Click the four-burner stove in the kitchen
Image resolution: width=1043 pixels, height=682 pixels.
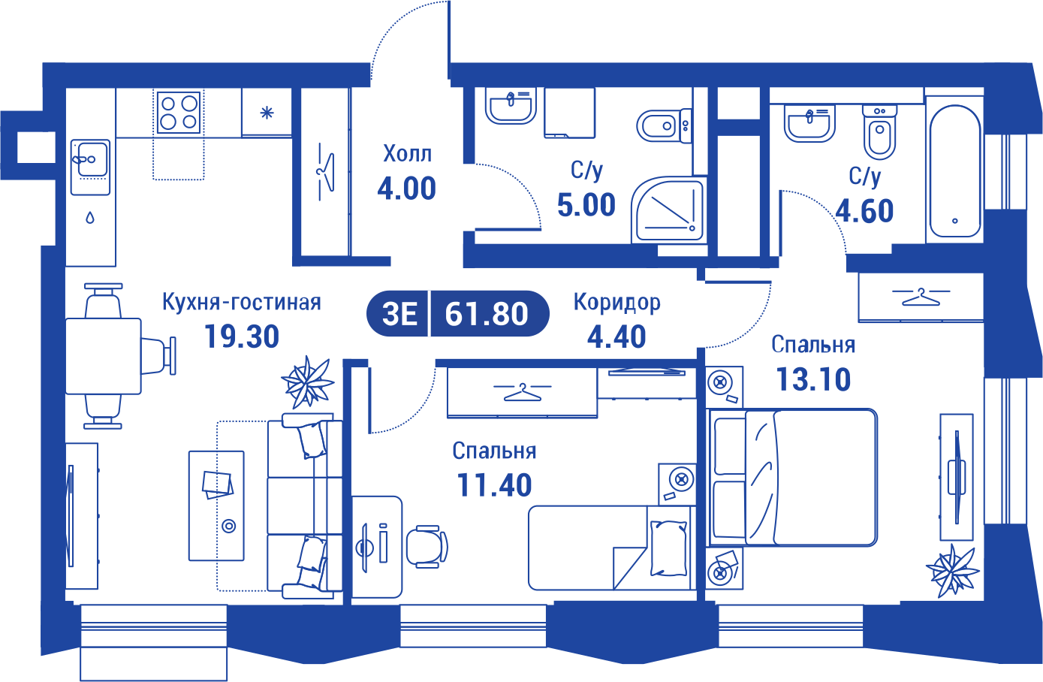pyautogui.click(x=179, y=113)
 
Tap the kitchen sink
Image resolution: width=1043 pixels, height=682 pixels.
pyautogui.click(x=90, y=167)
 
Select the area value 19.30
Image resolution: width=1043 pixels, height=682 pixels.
pyautogui.click(x=242, y=336)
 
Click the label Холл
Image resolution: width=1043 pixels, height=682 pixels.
pyautogui.click(x=408, y=153)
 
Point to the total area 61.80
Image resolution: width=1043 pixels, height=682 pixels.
pyautogui.click(x=487, y=314)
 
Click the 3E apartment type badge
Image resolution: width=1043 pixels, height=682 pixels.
pyautogui.click(x=399, y=314)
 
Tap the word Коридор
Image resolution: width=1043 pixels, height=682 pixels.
pyautogui.click(x=617, y=303)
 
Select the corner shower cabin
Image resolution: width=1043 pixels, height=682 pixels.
pyautogui.click(x=668, y=209)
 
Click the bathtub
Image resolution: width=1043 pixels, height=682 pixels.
pyautogui.click(x=954, y=171)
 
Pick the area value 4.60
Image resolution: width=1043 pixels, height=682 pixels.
pyautogui.click(x=864, y=211)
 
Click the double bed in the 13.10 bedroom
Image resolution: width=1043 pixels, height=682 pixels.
pyautogui.click(x=791, y=477)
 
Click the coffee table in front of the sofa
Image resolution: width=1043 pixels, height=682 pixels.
pyautogui.click(x=216, y=505)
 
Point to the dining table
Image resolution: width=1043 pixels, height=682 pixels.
pyautogui.click(x=103, y=356)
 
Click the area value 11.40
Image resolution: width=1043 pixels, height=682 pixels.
pyautogui.click(x=494, y=485)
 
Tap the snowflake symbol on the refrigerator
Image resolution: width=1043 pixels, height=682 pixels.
pyautogui.click(x=267, y=113)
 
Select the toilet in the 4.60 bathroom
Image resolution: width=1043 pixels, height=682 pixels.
pyautogui.click(x=879, y=132)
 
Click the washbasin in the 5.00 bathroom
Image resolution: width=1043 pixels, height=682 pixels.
pyautogui.click(x=510, y=106)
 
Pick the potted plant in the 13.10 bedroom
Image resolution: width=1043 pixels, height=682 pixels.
pyautogui.click(x=952, y=571)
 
